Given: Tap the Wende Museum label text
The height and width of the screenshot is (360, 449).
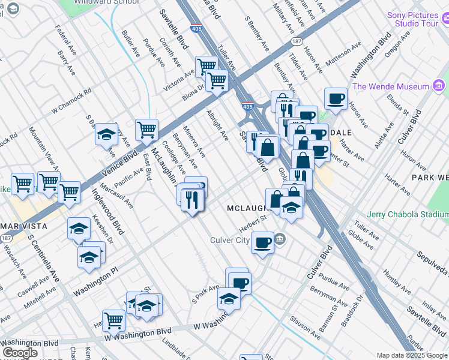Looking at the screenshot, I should pyautogui.click(x=391, y=86).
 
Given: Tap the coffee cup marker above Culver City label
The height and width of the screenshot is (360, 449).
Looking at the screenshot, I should pyautogui.click(x=262, y=243).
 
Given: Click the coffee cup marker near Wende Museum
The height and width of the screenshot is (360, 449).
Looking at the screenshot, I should pyautogui.click(x=336, y=98).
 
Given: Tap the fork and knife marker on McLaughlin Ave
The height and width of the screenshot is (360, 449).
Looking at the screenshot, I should pyautogui.click(x=193, y=200).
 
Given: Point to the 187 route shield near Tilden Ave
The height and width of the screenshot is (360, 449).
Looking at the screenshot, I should pyautogui.click(x=295, y=41).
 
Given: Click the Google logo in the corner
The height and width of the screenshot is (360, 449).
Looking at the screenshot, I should pyautogui.click(x=20, y=353).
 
